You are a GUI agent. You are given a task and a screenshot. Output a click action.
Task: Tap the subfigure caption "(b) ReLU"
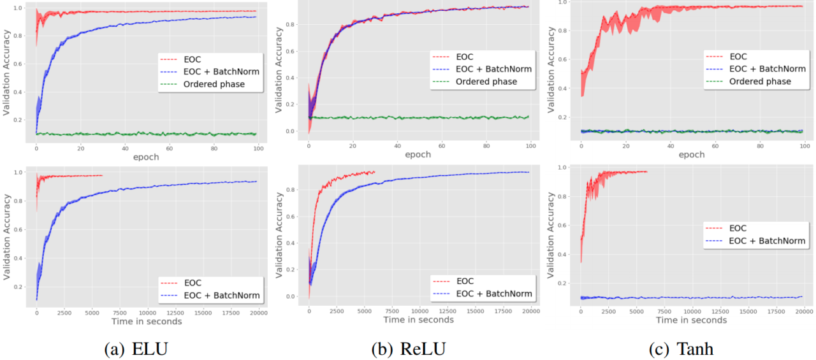click(408, 349)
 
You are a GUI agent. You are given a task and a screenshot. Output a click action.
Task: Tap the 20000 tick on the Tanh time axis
click(803, 311)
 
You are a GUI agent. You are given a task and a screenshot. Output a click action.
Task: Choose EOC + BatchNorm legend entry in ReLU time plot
click(493, 293)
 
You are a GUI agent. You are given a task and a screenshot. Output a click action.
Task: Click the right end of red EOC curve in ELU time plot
click(102, 176)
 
